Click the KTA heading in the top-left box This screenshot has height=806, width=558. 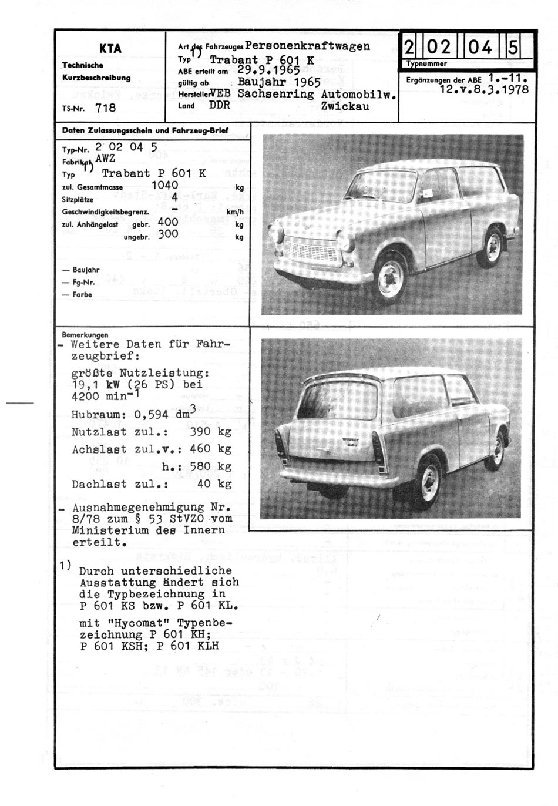coord(110,49)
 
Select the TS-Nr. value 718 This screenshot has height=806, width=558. coord(105,108)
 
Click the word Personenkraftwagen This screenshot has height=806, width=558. coord(307,46)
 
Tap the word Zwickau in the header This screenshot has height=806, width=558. coord(345,106)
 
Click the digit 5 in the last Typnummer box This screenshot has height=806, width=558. coord(512,47)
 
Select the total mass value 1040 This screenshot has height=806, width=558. coord(164,185)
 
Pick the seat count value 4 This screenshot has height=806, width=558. coord(174,198)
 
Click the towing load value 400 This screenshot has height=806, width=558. coord(168,223)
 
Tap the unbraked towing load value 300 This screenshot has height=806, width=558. coord(168,234)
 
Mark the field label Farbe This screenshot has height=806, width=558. coord(82,295)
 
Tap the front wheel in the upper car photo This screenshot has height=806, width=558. coord(391,277)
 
